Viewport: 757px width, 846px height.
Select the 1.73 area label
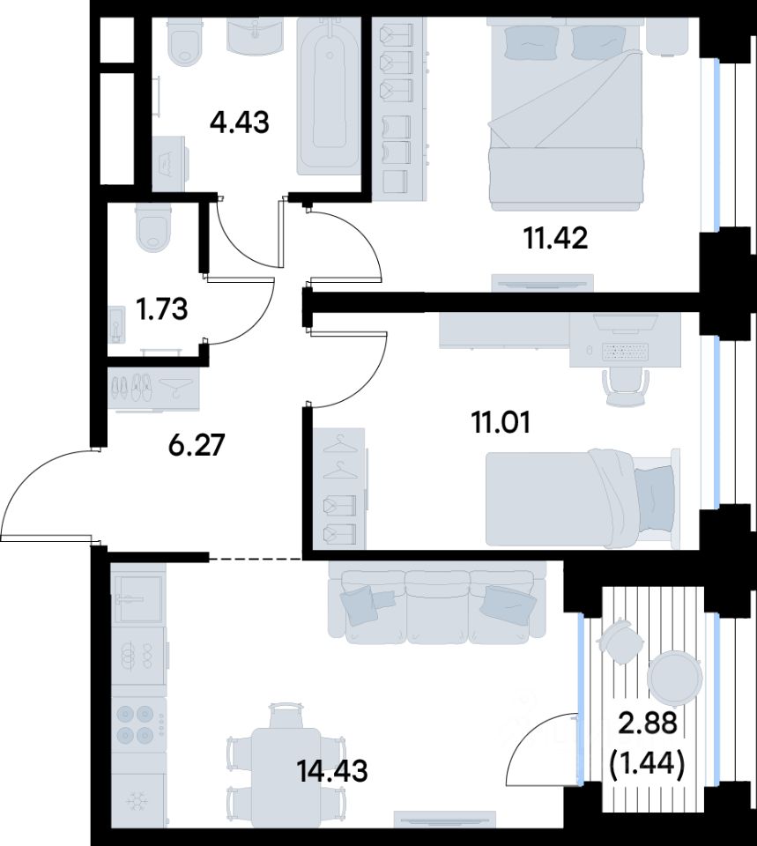(161, 309)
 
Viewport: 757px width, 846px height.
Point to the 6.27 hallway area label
(196, 446)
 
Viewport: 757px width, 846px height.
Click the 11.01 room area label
(501, 422)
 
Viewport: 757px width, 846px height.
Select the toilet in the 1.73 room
(154, 227)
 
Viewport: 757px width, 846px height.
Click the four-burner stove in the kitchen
(138, 724)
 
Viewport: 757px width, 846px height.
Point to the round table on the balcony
(674, 677)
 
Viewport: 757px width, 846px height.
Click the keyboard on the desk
(626, 352)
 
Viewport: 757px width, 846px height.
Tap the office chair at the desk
(626, 387)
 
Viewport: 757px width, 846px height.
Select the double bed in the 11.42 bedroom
(566, 115)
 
